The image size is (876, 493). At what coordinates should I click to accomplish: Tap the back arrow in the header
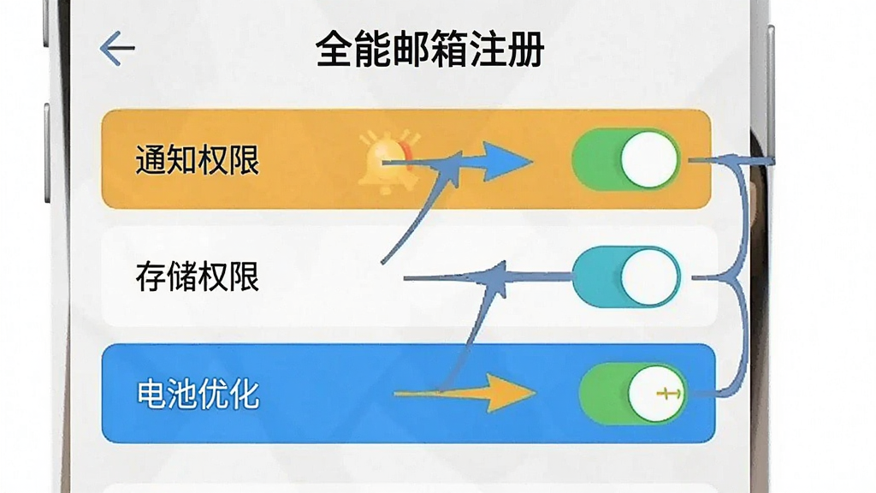[x=117, y=49]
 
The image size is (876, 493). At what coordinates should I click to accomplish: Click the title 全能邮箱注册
[x=429, y=49]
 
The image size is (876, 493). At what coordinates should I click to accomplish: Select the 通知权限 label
[x=198, y=160]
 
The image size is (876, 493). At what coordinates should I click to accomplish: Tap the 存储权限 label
[x=198, y=276]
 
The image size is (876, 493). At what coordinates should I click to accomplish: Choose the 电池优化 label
[x=198, y=394]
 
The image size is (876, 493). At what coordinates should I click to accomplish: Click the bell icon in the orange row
[x=389, y=162]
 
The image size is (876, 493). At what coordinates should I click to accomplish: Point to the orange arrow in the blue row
[x=465, y=394]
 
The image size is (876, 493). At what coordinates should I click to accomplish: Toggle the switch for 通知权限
[x=625, y=160]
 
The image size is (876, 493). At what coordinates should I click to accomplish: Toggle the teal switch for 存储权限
[x=626, y=276]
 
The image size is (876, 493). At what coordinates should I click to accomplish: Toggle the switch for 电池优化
[x=633, y=394]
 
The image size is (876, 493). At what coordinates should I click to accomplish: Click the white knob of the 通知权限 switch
[x=648, y=160]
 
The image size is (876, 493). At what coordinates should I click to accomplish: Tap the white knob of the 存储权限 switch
[x=648, y=276]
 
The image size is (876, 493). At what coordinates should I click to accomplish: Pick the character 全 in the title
[x=334, y=50]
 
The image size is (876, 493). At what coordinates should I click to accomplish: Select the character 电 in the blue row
[x=151, y=394]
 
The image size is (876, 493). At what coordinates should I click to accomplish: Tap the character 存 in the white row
[x=151, y=276]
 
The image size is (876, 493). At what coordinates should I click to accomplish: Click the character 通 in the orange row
[x=151, y=160]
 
